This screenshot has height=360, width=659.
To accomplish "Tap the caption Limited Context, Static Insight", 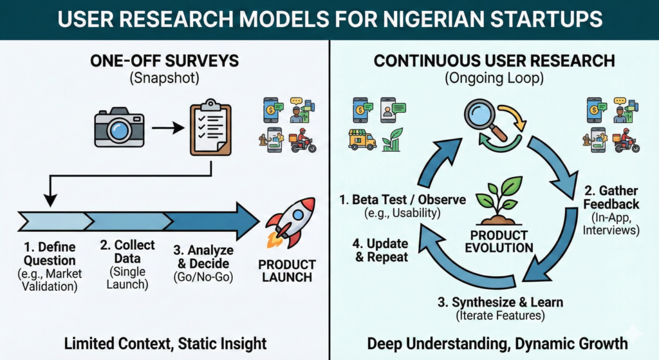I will click(164, 342).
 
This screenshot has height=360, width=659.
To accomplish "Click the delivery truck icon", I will click(361, 139).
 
